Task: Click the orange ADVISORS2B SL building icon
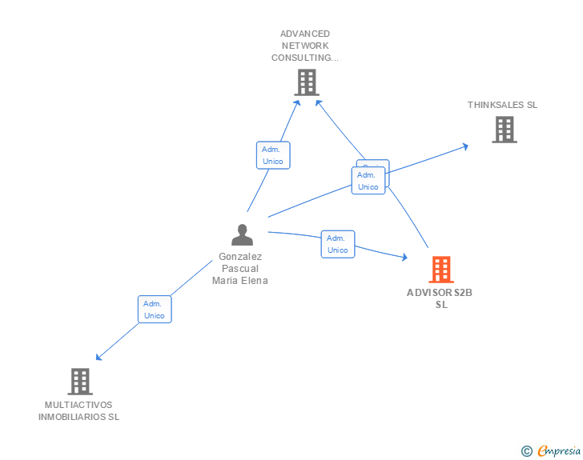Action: tap(440, 270)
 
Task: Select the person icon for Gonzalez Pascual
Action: tap(242, 235)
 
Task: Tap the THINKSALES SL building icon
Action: tap(504, 130)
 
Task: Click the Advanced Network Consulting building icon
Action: tap(306, 82)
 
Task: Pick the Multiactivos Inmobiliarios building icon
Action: tap(79, 382)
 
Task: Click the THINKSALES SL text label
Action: tap(503, 105)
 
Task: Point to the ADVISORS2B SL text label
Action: tap(440, 298)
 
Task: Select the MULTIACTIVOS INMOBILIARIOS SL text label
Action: tap(79, 410)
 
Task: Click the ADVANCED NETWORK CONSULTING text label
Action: tap(305, 46)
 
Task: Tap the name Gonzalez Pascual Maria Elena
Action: tap(240, 269)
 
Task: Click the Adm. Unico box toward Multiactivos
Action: tap(154, 310)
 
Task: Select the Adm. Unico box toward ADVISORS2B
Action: tap(338, 244)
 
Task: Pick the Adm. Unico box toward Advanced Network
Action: tap(273, 155)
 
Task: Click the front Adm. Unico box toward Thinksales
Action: tap(368, 181)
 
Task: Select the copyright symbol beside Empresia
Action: tap(527, 451)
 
